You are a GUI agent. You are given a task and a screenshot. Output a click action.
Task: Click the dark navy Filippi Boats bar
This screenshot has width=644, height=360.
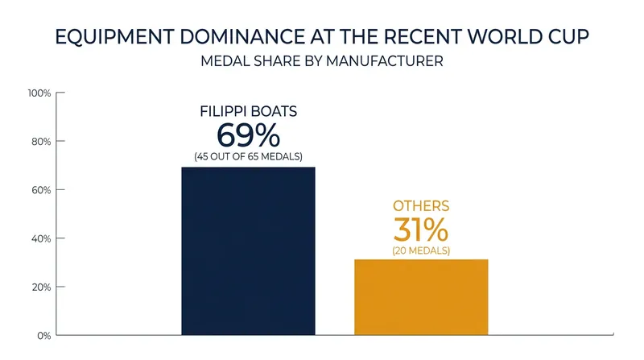248,250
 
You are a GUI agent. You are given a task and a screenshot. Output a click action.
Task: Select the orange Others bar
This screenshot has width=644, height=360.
421,297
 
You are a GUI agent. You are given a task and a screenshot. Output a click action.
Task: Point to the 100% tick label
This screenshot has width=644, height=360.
39,93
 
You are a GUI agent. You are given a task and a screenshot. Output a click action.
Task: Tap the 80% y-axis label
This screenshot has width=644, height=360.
41,142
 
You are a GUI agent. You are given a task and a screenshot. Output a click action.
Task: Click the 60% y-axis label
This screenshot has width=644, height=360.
41,190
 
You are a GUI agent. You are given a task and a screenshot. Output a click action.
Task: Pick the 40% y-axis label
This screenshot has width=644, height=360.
41,238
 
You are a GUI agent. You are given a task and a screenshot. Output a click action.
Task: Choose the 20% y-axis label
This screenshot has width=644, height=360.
41,288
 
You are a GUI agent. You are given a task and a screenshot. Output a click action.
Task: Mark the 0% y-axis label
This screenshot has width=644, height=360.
44,336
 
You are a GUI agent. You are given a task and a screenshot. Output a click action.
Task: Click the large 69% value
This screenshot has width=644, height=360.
248,135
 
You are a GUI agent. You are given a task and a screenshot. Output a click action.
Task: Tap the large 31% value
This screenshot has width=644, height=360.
421,230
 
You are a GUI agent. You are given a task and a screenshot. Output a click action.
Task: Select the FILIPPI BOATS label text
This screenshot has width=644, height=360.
248,111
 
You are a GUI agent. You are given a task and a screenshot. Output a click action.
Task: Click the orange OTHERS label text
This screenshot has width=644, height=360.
421,206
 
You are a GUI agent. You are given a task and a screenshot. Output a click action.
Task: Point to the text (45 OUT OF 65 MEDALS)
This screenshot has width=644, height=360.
248,156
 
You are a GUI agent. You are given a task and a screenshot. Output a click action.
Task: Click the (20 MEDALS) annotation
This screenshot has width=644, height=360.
421,250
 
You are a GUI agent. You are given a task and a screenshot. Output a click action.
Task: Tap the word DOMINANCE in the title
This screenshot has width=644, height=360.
242,37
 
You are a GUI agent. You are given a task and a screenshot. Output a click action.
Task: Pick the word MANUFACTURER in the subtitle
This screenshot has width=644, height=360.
385,61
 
